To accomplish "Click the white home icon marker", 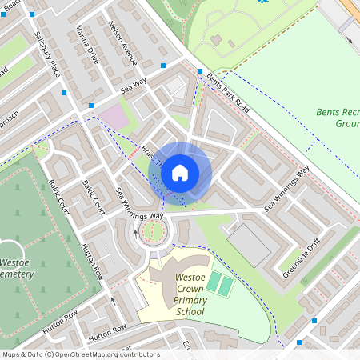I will coord(180,171).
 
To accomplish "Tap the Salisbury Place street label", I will coord(48,54).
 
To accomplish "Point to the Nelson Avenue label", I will coord(123,42).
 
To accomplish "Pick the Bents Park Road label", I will coord(228,92).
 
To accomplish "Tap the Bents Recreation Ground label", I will coord(337,118).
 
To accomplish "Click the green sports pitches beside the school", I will coord(220,283).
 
